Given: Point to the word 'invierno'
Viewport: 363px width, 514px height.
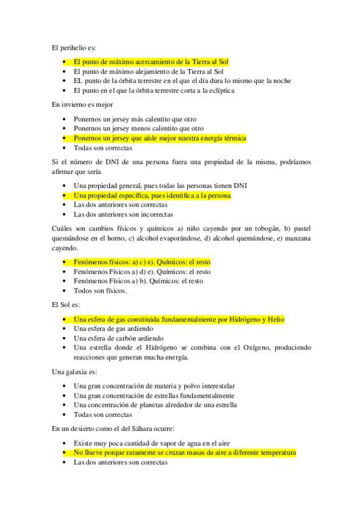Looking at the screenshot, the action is click(78, 105).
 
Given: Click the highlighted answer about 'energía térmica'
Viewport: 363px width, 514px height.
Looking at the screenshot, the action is click(160, 138).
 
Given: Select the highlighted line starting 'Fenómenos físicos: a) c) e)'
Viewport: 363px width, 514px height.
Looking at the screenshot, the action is click(142, 262).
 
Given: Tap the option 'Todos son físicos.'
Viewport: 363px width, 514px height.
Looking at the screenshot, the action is click(100, 290).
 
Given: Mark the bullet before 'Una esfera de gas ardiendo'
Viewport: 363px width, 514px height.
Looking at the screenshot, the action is click(65, 329).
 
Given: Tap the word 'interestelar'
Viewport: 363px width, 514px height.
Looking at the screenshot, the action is click(215, 385).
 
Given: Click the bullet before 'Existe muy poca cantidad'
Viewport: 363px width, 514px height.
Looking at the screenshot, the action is click(65, 443).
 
